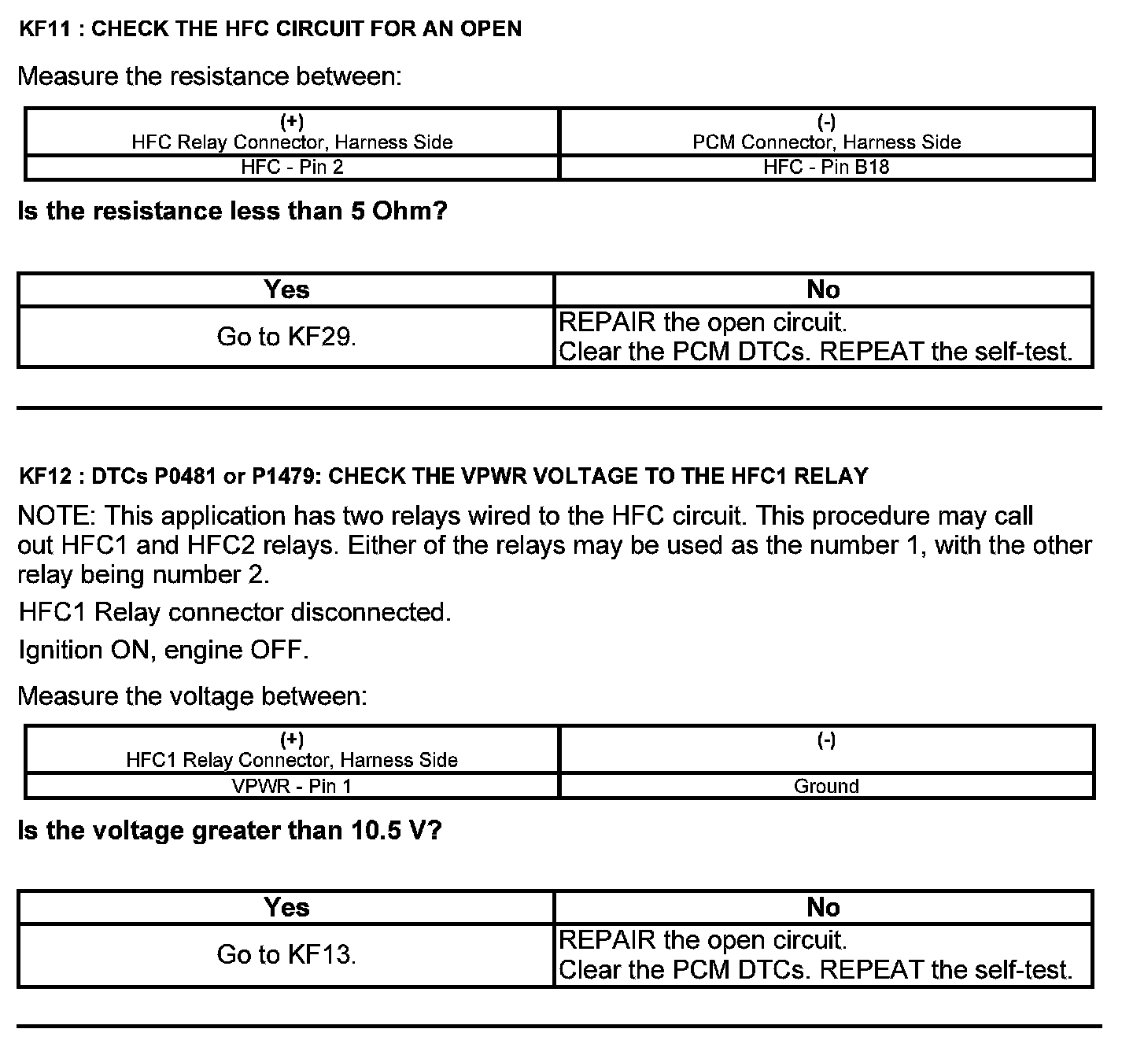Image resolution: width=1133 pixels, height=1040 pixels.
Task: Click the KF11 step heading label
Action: click(269, 29)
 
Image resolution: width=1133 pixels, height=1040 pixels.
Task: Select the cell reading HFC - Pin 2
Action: click(292, 167)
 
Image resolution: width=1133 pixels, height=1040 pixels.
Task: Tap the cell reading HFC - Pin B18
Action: click(826, 167)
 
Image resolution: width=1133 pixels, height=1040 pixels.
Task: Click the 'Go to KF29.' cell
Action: click(286, 337)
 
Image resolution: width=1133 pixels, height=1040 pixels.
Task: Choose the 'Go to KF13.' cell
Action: click(286, 954)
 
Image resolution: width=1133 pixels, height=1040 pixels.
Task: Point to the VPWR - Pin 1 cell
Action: click(292, 785)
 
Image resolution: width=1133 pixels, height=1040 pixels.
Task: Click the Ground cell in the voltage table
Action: click(826, 785)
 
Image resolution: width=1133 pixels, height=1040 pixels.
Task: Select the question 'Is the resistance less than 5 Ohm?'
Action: click(232, 211)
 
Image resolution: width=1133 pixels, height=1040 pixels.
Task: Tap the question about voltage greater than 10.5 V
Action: click(229, 830)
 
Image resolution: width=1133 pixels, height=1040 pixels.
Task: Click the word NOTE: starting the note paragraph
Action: click(57, 516)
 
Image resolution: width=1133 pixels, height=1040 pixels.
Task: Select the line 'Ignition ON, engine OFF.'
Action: click(164, 650)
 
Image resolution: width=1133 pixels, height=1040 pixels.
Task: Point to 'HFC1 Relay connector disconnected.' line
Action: click(234, 612)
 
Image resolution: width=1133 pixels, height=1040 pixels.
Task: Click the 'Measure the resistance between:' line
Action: click(209, 76)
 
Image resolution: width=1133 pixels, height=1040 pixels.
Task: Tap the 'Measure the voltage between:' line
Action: click(192, 695)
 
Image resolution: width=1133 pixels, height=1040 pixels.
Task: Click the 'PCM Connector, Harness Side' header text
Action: click(826, 142)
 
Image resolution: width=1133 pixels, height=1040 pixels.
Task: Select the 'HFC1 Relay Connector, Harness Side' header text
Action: click(292, 760)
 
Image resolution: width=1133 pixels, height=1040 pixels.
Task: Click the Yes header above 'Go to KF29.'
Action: click(286, 290)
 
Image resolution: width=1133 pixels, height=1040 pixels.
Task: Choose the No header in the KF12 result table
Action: click(823, 907)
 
